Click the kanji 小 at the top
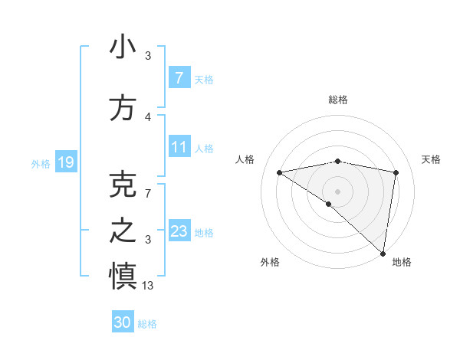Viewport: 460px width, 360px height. (123, 47)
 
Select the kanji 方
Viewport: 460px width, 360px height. (123, 108)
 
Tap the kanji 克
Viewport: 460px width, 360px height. (123, 185)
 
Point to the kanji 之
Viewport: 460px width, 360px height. (123, 231)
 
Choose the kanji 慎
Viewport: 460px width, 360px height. (123, 277)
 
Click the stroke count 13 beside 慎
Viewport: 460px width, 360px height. (148, 286)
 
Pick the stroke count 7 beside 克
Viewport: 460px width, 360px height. (148, 194)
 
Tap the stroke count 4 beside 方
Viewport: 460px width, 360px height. (148, 117)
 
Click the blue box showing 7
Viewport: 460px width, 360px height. (179, 77)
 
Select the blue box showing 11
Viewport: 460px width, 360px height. (179, 146)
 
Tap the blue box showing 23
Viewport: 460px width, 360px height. (179, 231)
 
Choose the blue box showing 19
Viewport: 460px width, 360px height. (65, 162)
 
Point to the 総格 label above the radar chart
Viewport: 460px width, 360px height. (338, 100)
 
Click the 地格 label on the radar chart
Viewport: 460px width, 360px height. (402, 262)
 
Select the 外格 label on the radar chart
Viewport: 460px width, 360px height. (270, 262)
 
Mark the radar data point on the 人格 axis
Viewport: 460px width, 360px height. (280, 172)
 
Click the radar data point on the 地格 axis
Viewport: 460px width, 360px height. (383, 253)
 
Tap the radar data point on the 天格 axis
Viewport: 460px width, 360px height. (396, 172)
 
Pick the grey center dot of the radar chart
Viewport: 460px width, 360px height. (337, 191)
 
